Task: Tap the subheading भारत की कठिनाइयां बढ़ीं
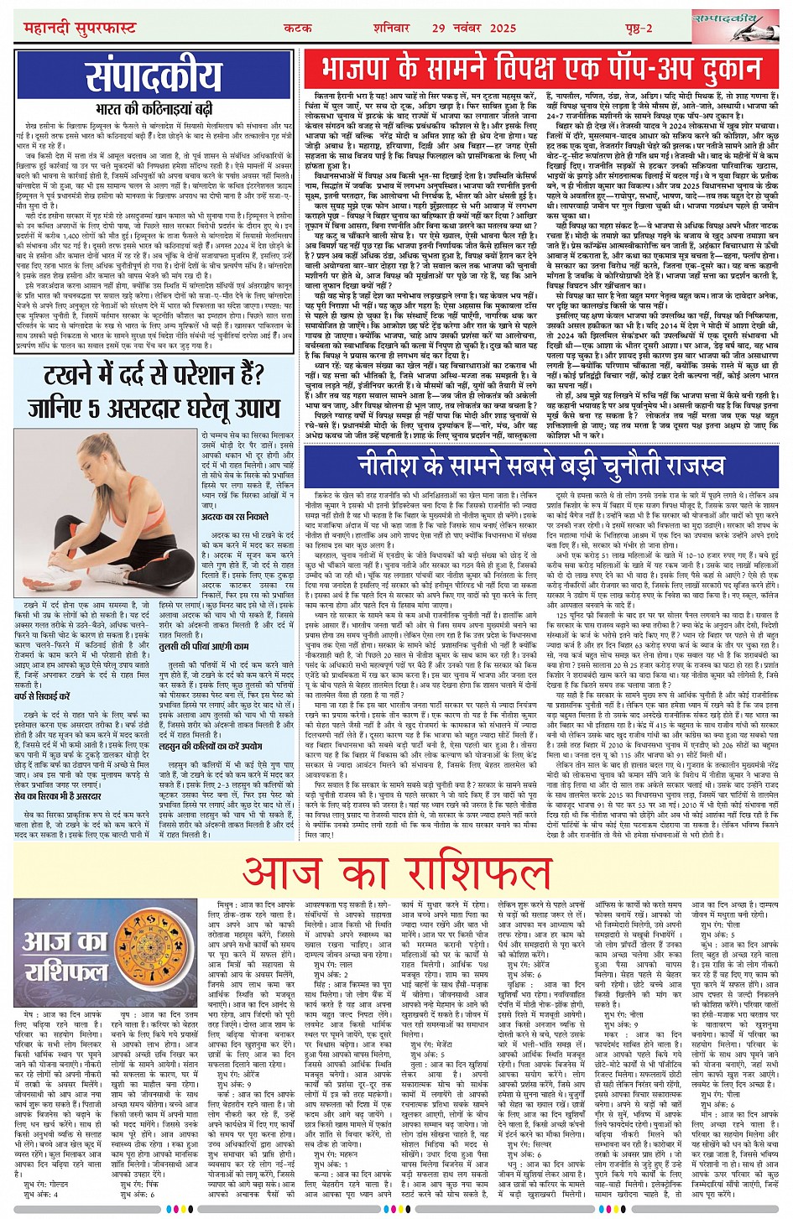(x=154, y=108)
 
